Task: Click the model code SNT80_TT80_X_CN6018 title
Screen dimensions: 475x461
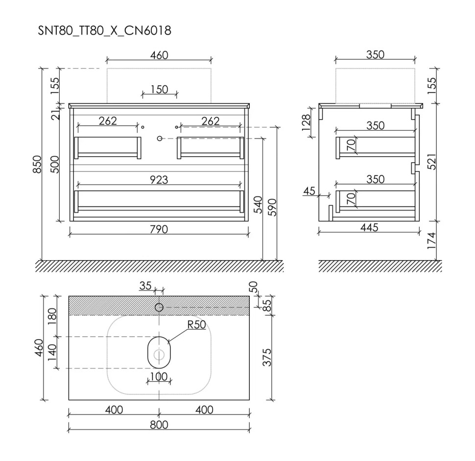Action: pos(104,30)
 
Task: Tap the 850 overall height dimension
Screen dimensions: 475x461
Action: pos(37,164)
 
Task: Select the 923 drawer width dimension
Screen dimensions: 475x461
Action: pos(159,180)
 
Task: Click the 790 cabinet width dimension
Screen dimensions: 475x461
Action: pos(159,229)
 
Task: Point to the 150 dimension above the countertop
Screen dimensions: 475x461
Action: pos(159,90)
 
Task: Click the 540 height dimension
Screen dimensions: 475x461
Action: pos(258,205)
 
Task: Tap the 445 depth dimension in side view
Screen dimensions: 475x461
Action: pos(370,227)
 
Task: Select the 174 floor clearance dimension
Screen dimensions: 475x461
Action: pos(431,241)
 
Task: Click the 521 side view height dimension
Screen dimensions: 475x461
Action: pos(431,162)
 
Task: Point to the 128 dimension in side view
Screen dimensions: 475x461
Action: pos(306,122)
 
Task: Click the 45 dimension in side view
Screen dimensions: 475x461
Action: pos(309,191)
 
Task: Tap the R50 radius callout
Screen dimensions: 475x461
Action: pos(196,325)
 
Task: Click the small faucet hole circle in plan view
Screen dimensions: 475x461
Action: pos(159,308)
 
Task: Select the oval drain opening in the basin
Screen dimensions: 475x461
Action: pos(159,353)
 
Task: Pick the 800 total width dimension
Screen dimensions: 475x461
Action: pos(159,425)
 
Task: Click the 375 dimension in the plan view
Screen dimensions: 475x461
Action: pos(267,357)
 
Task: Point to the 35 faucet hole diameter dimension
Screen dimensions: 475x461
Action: pos(145,285)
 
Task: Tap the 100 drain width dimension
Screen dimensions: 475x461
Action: pos(159,376)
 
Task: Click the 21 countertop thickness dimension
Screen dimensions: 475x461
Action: pos(55,115)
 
